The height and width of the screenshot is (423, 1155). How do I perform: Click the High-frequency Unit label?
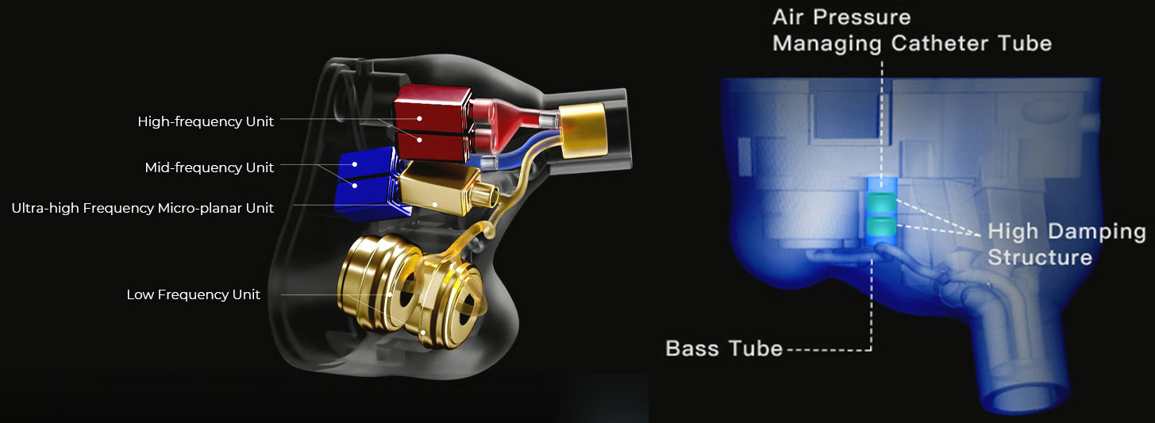pyautogui.click(x=206, y=121)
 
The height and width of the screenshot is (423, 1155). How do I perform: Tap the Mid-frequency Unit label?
pyautogui.click(x=209, y=167)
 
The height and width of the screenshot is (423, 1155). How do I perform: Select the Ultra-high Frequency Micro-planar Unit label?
pyautogui.click(x=142, y=208)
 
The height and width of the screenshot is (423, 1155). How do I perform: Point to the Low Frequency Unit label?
pyautogui.click(x=194, y=294)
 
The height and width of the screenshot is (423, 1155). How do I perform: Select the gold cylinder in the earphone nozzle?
pyautogui.click(x=583, y=130)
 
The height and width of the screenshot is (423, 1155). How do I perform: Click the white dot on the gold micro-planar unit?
pyautogui.click(x=435, y=205)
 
